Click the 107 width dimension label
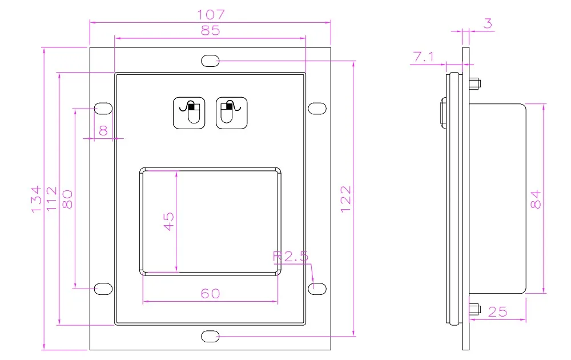pos(211,15)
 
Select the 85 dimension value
pos(211,30)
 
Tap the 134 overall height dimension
pos(36,199)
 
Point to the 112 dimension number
pos(52,199)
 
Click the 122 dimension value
pos(345,199)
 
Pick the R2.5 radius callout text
pos(291,257)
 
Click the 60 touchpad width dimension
pos(211,293)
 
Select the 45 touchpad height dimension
pos(168,221)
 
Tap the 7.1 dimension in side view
pos(424,57)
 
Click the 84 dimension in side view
pos(536,199)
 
